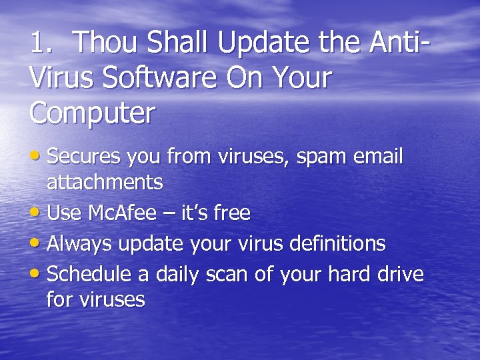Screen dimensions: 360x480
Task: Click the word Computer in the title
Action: point(92,113)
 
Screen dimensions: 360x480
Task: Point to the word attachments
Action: point(105,181)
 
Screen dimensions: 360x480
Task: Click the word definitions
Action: point(337,244)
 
